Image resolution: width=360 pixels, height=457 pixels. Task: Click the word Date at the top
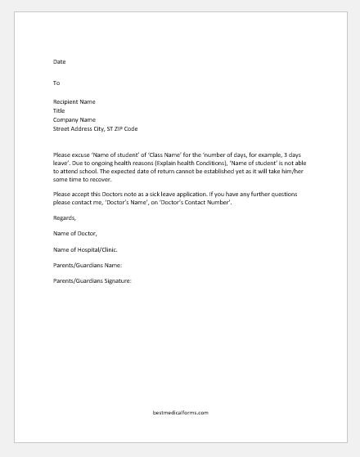click(x=60, y=61)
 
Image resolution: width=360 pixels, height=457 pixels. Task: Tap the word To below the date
click(x=56, y=83)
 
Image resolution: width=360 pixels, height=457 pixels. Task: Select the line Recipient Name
click(x=74, y=102)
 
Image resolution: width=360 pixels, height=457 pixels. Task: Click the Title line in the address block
click(x=59, y=110)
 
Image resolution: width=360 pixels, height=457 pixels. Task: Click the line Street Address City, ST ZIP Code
click(x=101, y=128)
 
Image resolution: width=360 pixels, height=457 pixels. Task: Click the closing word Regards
click(x=64, y=218)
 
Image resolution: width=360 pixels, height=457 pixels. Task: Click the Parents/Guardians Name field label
click(x=88, y=265)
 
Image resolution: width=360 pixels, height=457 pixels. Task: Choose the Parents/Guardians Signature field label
click(x=92, y=281)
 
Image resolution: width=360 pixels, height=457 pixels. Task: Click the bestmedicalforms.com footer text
click(x=179, y=412)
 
